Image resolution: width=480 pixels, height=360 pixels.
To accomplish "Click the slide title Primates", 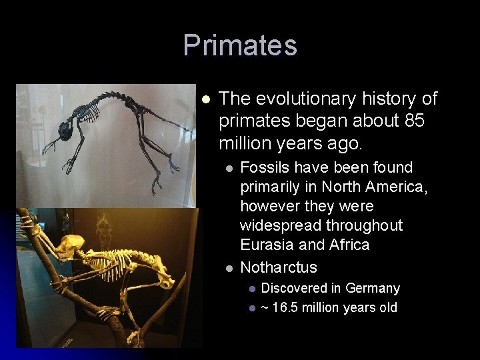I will (240, 45).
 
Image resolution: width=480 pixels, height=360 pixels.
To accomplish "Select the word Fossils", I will (265, 167).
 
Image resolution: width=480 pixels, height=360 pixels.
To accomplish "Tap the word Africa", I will (349, 245).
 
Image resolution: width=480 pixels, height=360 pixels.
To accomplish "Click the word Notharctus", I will (279, 267).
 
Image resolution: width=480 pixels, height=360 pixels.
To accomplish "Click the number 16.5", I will (288, 307).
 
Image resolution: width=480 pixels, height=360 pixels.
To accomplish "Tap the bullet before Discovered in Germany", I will (251, 289).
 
